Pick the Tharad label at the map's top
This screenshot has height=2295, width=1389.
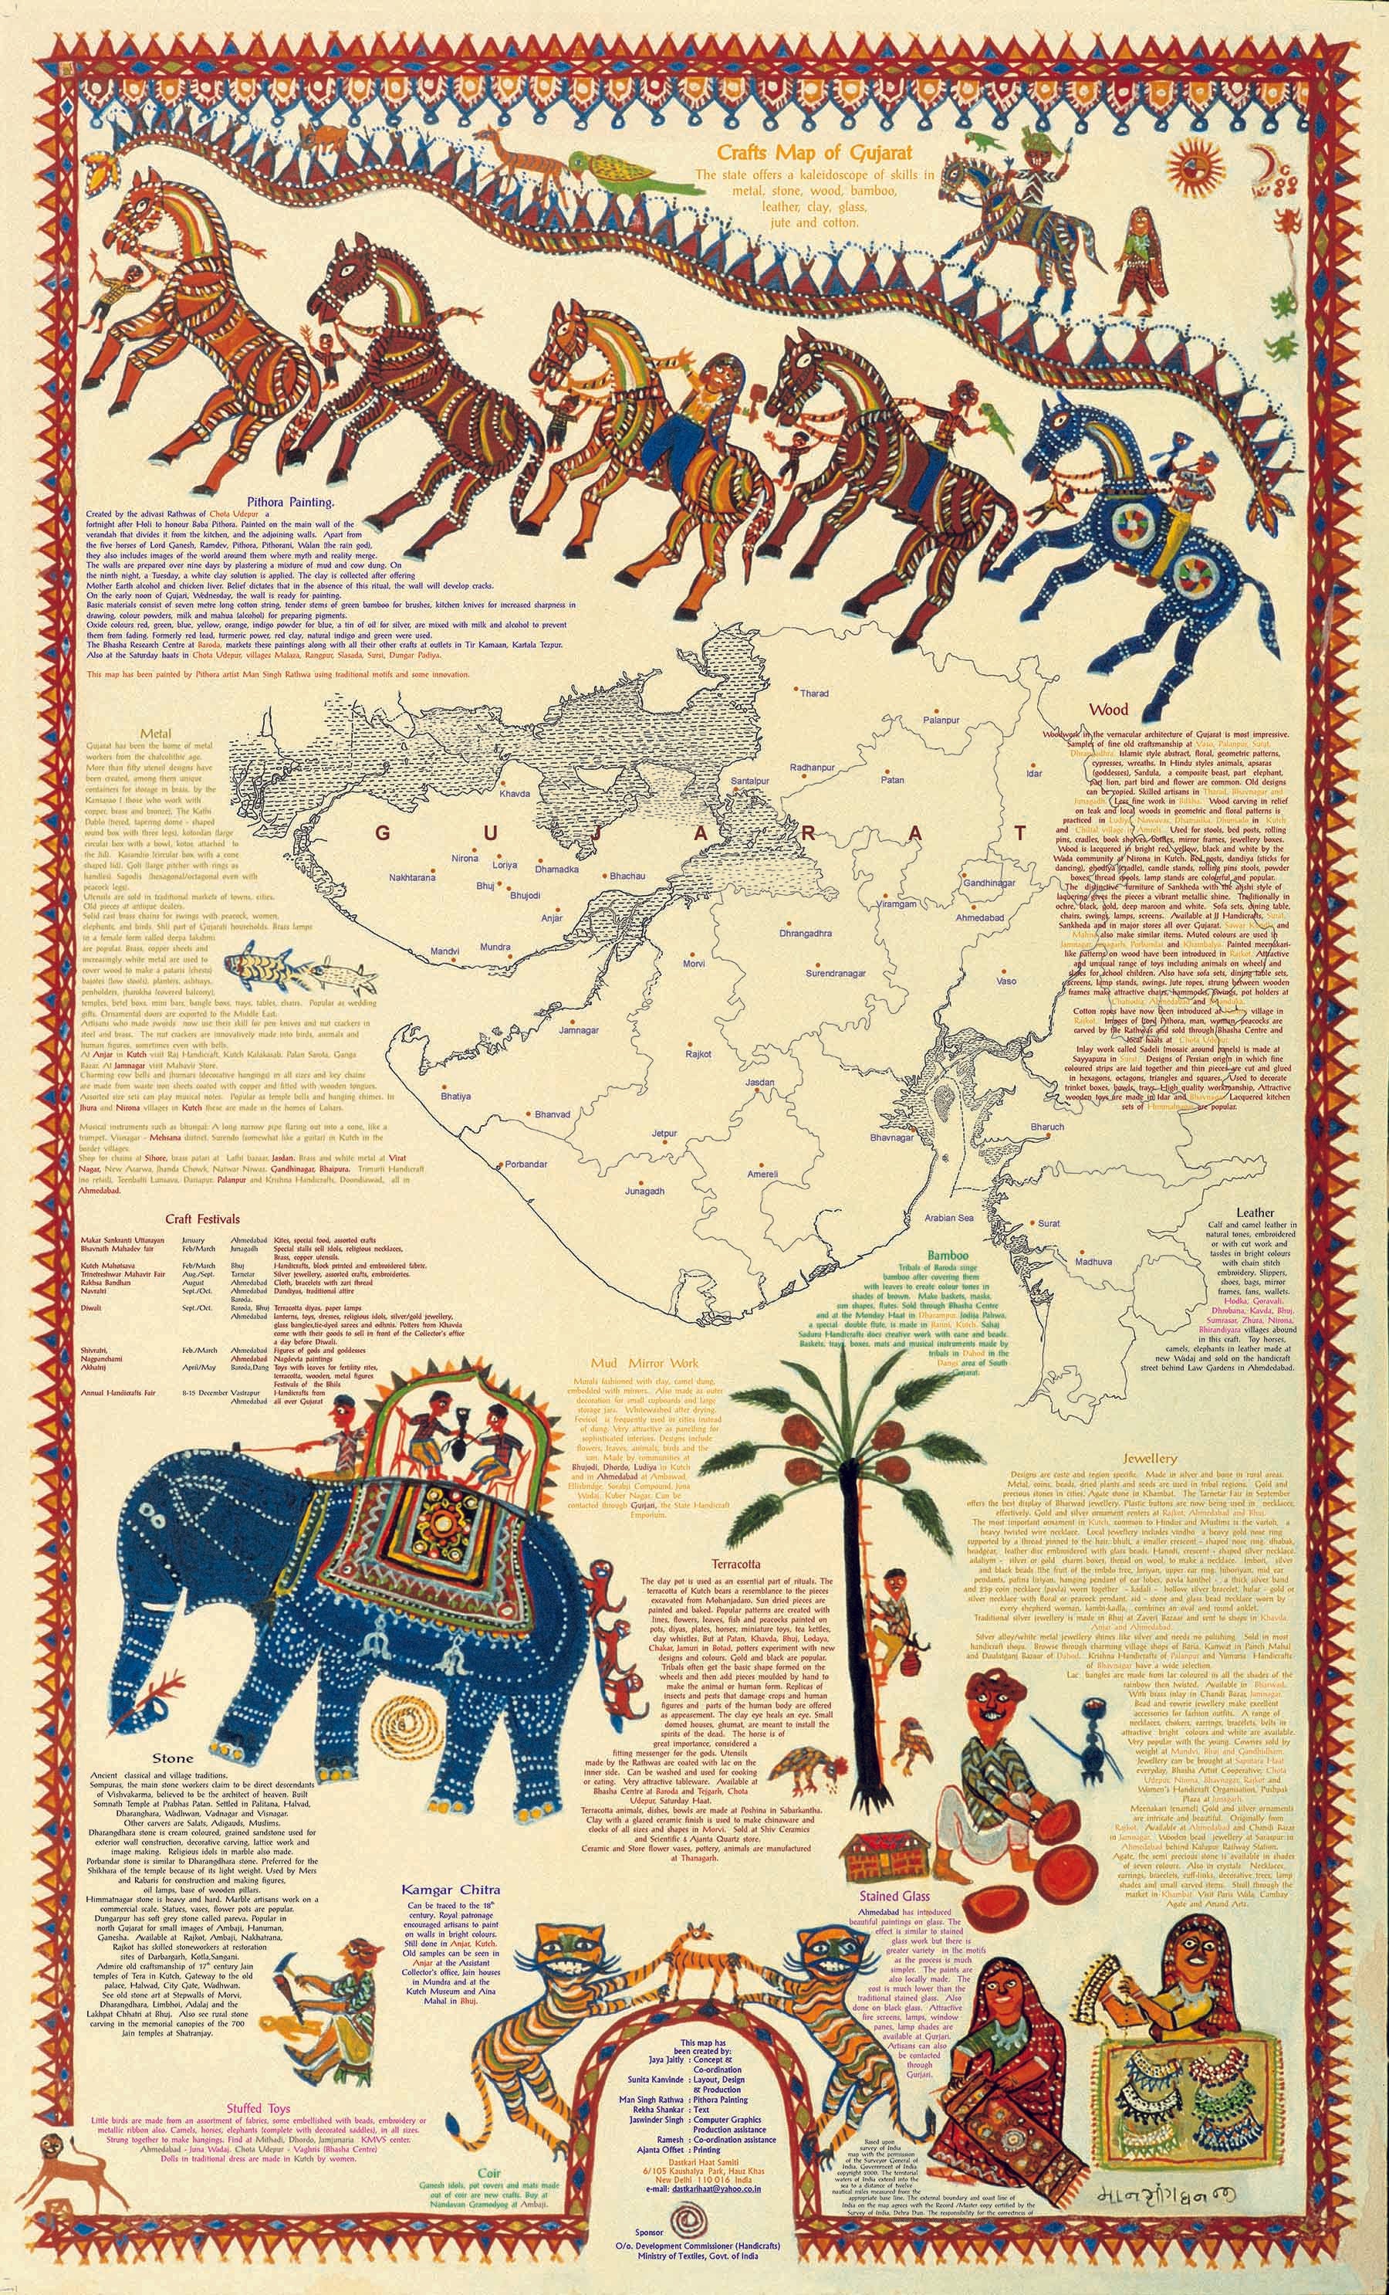point(813,694)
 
